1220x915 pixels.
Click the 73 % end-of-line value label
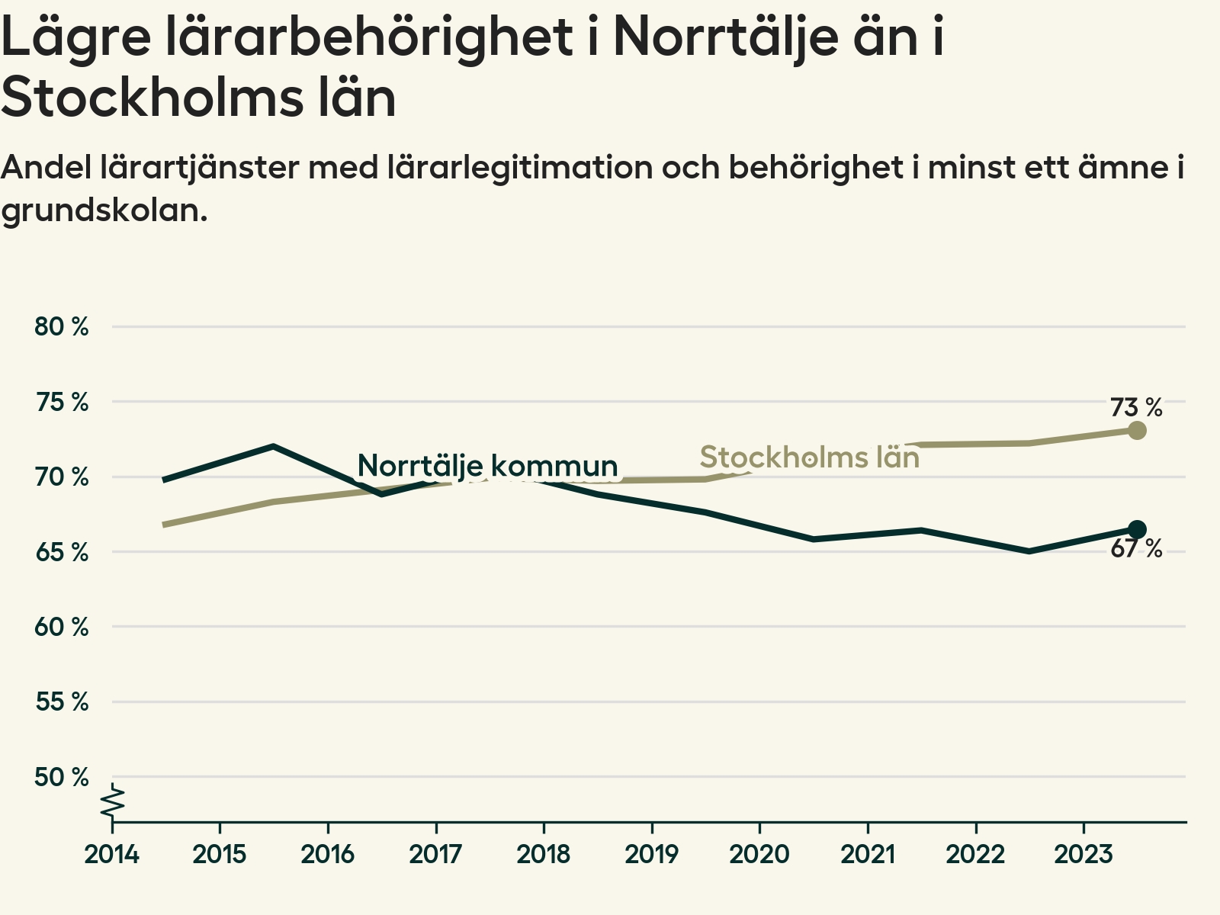(1135, 408)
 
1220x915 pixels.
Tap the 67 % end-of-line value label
(1135, 548)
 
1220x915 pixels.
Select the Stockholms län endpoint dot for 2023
(1136, 431)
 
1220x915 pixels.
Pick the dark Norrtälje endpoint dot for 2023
(1136, 529)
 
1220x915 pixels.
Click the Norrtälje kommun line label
(487, 465)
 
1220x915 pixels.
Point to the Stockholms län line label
(809, 457)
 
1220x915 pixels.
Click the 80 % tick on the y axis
(62, 326)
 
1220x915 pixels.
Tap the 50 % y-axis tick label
(62, 777)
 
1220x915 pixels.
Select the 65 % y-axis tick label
(62, 552)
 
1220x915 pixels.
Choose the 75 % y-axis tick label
(62, 402)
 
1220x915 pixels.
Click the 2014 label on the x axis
(112, 854)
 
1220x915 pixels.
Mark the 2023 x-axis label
(1084, 854)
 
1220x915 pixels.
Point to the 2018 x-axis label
(544, 854)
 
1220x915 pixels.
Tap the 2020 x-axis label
(759, 854)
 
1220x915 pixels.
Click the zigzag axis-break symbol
(113, 802)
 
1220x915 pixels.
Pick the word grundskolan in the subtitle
(104, 210)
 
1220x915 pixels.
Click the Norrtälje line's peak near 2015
(273, 446)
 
